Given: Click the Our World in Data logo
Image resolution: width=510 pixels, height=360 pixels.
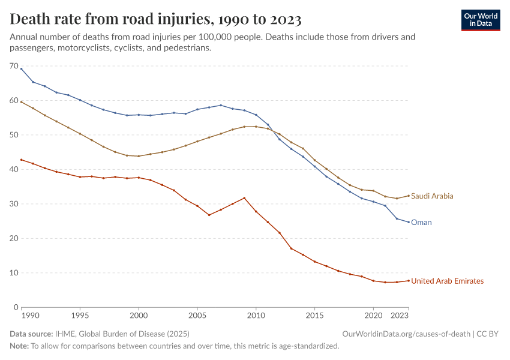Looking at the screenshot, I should (x=480, y=20).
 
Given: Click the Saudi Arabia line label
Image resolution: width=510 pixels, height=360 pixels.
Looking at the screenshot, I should (x=432, y=196).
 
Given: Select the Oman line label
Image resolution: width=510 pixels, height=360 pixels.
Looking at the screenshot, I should (x=421, y=223).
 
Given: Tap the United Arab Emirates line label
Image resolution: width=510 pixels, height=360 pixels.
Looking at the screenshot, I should (x=447, y=281).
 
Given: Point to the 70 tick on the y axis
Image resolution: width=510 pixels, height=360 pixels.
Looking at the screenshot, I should (x=14, y=66).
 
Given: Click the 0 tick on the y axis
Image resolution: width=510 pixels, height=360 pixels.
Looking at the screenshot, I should (x=16, y=307).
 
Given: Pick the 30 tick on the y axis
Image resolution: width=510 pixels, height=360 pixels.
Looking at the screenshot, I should (x=14, y=204).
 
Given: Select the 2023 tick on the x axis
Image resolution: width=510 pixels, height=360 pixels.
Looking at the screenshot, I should (x=401, y=315).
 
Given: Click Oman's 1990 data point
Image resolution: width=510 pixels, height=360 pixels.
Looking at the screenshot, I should (x=22, y=69).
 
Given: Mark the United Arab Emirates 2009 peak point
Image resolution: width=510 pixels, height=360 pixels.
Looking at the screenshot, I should (x=244, y=198).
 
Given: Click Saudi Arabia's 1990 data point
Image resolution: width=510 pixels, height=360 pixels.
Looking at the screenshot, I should (x=22, y=102).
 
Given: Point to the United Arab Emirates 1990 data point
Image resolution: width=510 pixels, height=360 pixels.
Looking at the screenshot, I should (x=22, y=160).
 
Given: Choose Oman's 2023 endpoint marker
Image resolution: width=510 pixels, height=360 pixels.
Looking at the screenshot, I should (x=409, y=222).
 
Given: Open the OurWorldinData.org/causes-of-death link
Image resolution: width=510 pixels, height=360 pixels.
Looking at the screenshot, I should (x=406, y=334).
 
